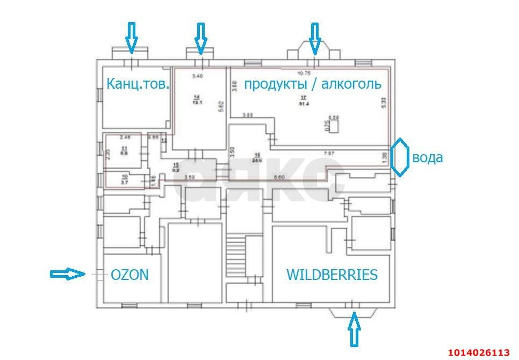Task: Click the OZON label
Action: click(x=129, y=275)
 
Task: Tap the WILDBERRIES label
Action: click(x=331, y=275)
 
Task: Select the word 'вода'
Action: click(x=428, y=157)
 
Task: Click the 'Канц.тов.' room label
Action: click(x=138, y=84)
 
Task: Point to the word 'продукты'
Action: click(x=272, y=84)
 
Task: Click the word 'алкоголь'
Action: click(x=349, y=84)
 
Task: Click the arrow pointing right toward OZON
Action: click(x=67, y=274)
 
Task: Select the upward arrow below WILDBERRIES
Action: click(x=354, y=330)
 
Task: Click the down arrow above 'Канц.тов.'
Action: click(x=131, y=37)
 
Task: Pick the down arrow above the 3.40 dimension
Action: click(x=200, y=38)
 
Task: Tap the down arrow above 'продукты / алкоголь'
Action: click(x=314, y=38)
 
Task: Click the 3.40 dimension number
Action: click(x=197, y=76)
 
